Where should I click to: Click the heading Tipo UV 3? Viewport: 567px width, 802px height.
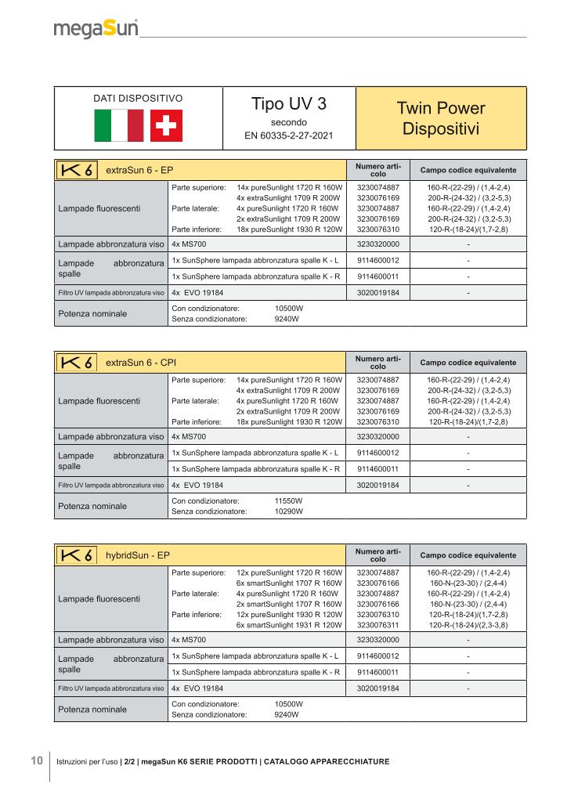[x=289, y=105]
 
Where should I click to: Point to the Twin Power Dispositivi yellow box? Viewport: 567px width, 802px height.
[x=441, y=117]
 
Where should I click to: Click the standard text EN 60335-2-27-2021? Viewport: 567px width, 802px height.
[x=289, y=136]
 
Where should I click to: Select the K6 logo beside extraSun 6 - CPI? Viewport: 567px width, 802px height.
[x=77, y=363]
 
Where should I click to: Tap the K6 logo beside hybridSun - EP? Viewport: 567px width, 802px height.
[x=77, y=555]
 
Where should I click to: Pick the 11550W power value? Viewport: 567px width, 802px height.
[x=289, y=500]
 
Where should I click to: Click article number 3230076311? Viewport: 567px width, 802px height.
[x=377, y=625]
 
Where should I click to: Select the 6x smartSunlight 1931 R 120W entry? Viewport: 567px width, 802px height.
[x=289, y=625]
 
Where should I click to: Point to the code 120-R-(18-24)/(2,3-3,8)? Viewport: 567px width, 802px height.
[x=468, y=625]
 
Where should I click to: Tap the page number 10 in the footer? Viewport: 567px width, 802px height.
[x=36, y=760]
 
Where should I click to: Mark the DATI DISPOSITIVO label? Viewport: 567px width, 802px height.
[x=138, y=99]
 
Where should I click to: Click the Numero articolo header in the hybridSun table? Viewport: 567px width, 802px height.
[x=377, y=555]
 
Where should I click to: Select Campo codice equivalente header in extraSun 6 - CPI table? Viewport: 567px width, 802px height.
[x=468, y=363]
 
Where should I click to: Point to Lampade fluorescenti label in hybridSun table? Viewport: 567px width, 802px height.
[x=99, y=599]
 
